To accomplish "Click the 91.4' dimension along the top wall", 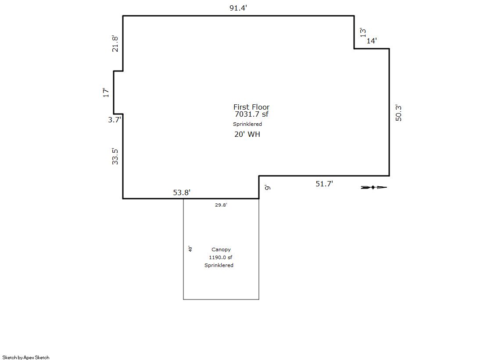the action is click(x=238, y=8).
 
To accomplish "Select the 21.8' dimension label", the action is click(x=115, y=43).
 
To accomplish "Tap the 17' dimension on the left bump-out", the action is click(x=106, y=93).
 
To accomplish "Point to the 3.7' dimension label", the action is click(x=115, y=119).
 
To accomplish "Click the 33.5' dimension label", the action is click(x=115, y=156).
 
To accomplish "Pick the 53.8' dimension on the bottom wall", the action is click(x=182, y=192).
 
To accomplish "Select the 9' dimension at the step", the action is click(x=267, y=187).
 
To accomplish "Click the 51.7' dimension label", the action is click(x=324, y=184).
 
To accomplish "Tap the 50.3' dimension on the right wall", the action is click(x=398, y=113).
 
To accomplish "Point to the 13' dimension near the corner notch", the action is click(x=362, y=32).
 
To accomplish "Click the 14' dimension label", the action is click(x=372, y=41).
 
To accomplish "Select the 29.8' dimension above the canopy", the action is click(x=221, y=205).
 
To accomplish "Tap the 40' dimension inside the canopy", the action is click(x=190, y=249).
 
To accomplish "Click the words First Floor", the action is click(x=251, y=107).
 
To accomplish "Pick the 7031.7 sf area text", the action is click(x=251, y=114).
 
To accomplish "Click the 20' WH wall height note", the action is click(x=247, y=134).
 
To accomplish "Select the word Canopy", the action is click(x=221, y=250).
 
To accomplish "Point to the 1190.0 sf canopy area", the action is click(x=221, y=257).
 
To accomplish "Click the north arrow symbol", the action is click(x=374, y=188).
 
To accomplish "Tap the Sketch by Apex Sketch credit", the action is click(x=26, y=357).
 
